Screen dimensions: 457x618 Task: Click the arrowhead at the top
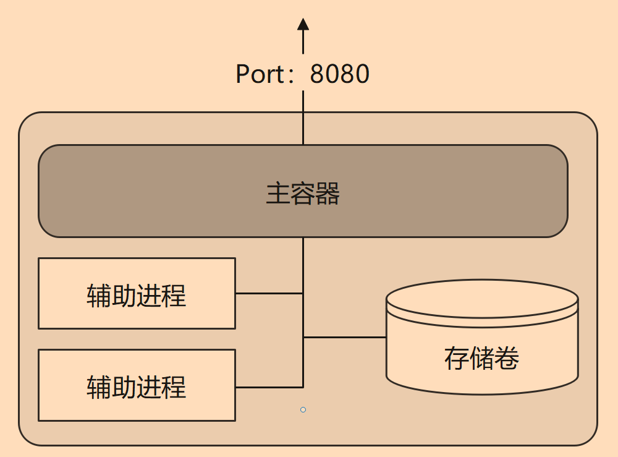click(x=303, y=25)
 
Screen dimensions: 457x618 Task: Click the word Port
click(x=259, y=74)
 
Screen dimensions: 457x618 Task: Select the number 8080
click(x=339, y=74)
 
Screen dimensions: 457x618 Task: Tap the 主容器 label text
click(x=303, y=194)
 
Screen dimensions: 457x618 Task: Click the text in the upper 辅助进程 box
click(x=137, y=296)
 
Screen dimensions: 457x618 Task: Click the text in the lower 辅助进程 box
click(x=137, y=387)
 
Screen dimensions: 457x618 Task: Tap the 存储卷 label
click(x=481, y=358)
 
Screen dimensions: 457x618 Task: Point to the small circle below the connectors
click(x=303, y=409)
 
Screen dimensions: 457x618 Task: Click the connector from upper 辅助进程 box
click(x=269, y=293)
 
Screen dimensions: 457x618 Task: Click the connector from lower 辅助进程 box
click(x=269, y=387)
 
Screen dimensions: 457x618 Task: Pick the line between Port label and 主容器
click(x=303, y=117)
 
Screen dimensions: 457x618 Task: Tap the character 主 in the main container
click(x=278, y=194)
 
